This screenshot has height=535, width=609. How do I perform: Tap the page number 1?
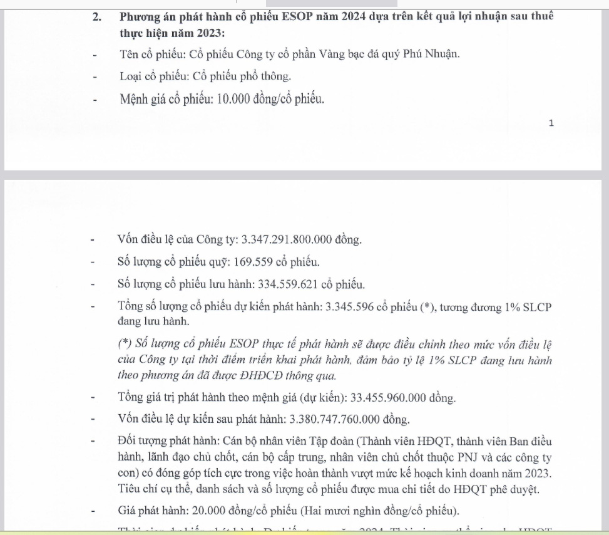point(551,123)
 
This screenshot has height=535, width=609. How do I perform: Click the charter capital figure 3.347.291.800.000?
point(289,239)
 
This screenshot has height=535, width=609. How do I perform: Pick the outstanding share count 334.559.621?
point(288,284)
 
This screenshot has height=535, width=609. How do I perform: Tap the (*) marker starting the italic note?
point(125,345)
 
